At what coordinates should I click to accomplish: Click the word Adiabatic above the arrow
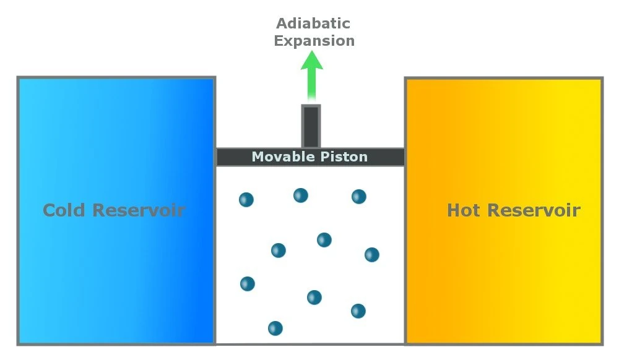pyautogui.click(x=313, y=24)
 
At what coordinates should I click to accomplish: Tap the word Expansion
pyautogui.click(x=314, y=41)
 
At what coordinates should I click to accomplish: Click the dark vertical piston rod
pyautogui.click(x=311, y=126)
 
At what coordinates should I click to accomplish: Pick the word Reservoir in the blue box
pyautogui.click(x=139, y=210)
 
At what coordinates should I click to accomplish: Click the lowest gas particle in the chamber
pyautogui.click(x=275, y=328)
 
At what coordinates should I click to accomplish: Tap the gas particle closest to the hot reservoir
pyautogui.click(x=371, y=255)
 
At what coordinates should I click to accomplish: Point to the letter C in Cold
pyautogui.click(x=50, y=210)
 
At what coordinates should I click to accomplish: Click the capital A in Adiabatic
pyautogui.click(x=282, y=24)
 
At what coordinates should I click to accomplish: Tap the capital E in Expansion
pyautogui.click(x=279, y=41)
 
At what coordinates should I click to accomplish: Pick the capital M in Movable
pyautogui.click(x=258, y=157)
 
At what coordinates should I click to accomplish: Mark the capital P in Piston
pyautogui.click(x=324, y=157)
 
